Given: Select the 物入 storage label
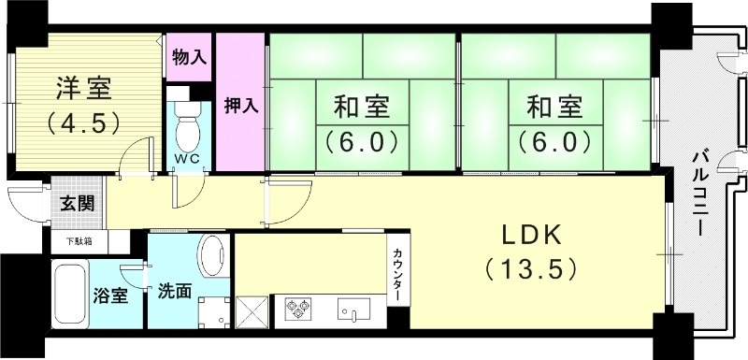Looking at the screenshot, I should (190, 56).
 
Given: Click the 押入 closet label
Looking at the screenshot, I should (240, 105).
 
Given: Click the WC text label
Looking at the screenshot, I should (189, 158).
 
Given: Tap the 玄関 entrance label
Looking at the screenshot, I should (78, 203).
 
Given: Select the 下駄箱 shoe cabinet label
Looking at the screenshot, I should (79, 242).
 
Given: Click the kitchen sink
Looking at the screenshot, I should (356, 308).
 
